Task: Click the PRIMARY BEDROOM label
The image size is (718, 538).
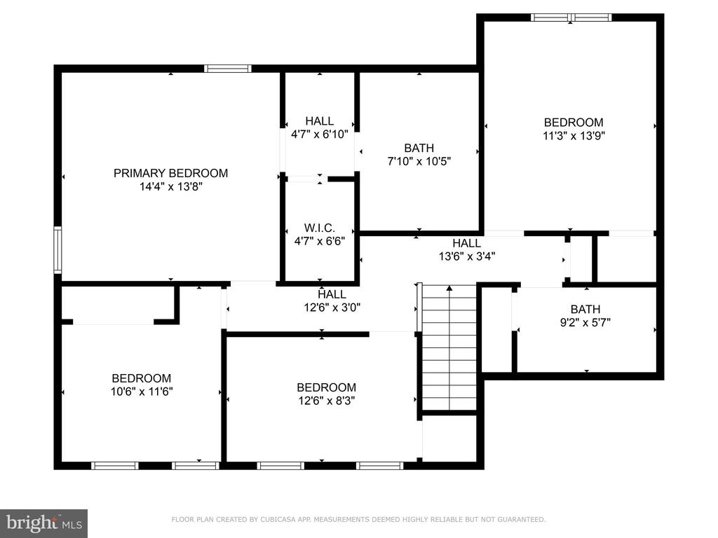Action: [170, 174]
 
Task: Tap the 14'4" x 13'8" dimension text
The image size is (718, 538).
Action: [171, 186]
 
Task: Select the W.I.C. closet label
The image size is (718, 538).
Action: [320, 228]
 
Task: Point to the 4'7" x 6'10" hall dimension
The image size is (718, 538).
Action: [320, 134]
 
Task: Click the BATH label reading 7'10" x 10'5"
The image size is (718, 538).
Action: [419, 149]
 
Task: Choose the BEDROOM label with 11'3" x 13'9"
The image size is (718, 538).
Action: [574, 123]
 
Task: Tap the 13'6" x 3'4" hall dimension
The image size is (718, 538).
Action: [466, 256]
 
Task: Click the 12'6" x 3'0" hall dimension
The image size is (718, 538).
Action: [332, 308]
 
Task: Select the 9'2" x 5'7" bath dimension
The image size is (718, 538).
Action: [585, 322]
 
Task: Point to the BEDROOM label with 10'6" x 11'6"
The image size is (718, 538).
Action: [142, 378]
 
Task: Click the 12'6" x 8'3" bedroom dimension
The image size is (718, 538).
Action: [327, 401]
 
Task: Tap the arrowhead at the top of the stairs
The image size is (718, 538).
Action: [449, 288]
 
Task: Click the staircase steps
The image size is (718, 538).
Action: [449, 347]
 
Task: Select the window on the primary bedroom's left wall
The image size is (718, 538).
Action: [57, 250]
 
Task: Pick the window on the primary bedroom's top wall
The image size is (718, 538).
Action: [228, 69]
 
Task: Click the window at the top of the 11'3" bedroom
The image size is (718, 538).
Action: [571, 18]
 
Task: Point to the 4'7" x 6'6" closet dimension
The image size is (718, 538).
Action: [320, 241]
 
